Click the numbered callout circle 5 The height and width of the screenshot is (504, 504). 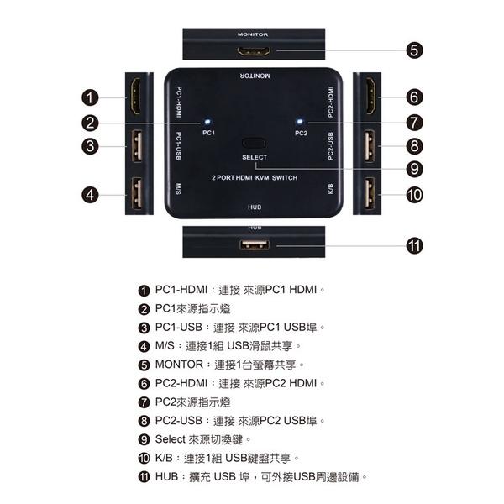pos(413,51)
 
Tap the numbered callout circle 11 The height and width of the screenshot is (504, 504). pos(413,246)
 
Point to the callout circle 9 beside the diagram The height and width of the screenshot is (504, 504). pos(413,168)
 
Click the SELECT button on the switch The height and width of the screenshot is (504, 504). pos(254,144)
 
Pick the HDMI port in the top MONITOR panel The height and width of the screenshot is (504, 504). pos(253,52)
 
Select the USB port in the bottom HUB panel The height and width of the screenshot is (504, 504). pos(253,245)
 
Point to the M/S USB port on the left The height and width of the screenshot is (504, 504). pos(135,194)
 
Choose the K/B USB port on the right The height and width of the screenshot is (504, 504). pos(369,194)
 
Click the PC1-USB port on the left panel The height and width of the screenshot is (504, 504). pos(135,146)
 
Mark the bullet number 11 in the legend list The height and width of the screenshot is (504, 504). pos(144,476)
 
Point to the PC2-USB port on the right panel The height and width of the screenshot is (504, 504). pos(369,146)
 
